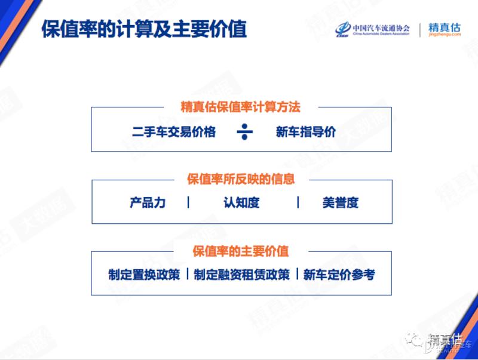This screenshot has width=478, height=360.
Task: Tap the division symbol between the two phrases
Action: [x=244, y=131]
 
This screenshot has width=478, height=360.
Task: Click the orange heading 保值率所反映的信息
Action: [x=241, y=179]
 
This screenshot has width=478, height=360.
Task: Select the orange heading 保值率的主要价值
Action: [x=240, y=251]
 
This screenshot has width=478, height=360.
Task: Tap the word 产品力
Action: [x=148, y=202]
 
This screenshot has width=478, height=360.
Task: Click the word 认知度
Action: [x=241, y=202]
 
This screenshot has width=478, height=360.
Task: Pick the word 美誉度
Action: [x=340, y=202]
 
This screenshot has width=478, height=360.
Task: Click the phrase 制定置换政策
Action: [x=144, y=275]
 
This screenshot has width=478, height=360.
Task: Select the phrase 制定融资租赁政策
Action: [x=241, y=275]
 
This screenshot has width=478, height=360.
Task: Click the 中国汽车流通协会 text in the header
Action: [x=381, y=27]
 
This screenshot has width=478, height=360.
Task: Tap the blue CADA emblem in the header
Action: [x=343, y=29]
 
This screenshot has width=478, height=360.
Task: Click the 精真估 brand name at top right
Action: [x=445, y=27]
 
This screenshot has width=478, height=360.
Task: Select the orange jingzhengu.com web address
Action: [x=445, y=35]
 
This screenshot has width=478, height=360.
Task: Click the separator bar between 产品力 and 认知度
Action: [x=188, y=202]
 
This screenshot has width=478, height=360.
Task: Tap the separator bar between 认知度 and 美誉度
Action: [x=298, y=202]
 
